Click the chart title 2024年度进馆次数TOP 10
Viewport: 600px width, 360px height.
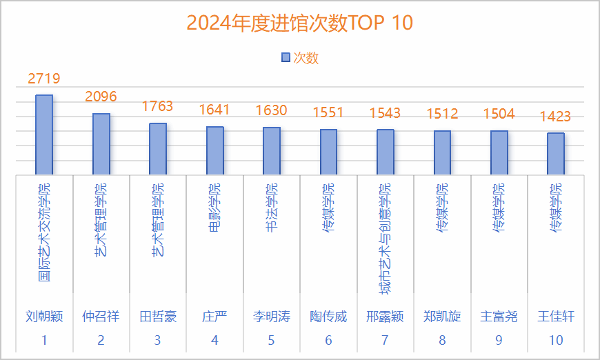click(300, 23)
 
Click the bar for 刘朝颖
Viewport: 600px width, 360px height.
click(44, 134)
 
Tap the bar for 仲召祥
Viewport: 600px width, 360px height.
click(101, 144)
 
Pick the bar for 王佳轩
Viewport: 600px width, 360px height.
click(556, 154)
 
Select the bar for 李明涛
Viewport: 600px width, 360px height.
click(272, 151)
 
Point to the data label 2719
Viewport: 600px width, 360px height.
click(44, 79)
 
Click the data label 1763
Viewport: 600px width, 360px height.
click(157, 106)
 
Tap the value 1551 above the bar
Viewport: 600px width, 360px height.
click(329, 112)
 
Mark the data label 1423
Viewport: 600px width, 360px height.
click(556, 116)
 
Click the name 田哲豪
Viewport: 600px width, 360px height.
click(158, 317)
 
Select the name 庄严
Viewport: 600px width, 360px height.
click(214, 317)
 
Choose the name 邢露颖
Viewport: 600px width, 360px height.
click(385, 317)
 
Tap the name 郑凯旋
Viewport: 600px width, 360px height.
click(442, 317)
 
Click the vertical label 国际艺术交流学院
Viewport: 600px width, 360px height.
click(44, 232)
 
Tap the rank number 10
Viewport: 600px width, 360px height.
click(556, 340)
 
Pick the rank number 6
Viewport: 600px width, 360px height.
click(328, 340)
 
